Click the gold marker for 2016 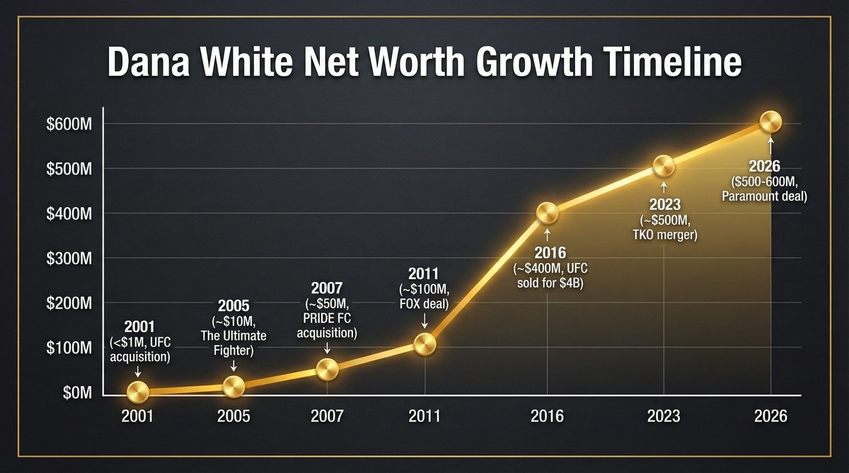point(547,213)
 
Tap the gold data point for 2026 point(770,123)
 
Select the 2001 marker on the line point(137,391)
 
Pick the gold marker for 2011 point(424,344)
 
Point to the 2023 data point point(664,167)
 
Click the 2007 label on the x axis point(327,416)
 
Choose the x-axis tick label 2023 point(664,416)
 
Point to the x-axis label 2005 point(233,416)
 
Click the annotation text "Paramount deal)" point(765,197)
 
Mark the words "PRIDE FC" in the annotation point(326,319)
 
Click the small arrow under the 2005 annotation point(233,367)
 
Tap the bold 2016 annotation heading point(547,254)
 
